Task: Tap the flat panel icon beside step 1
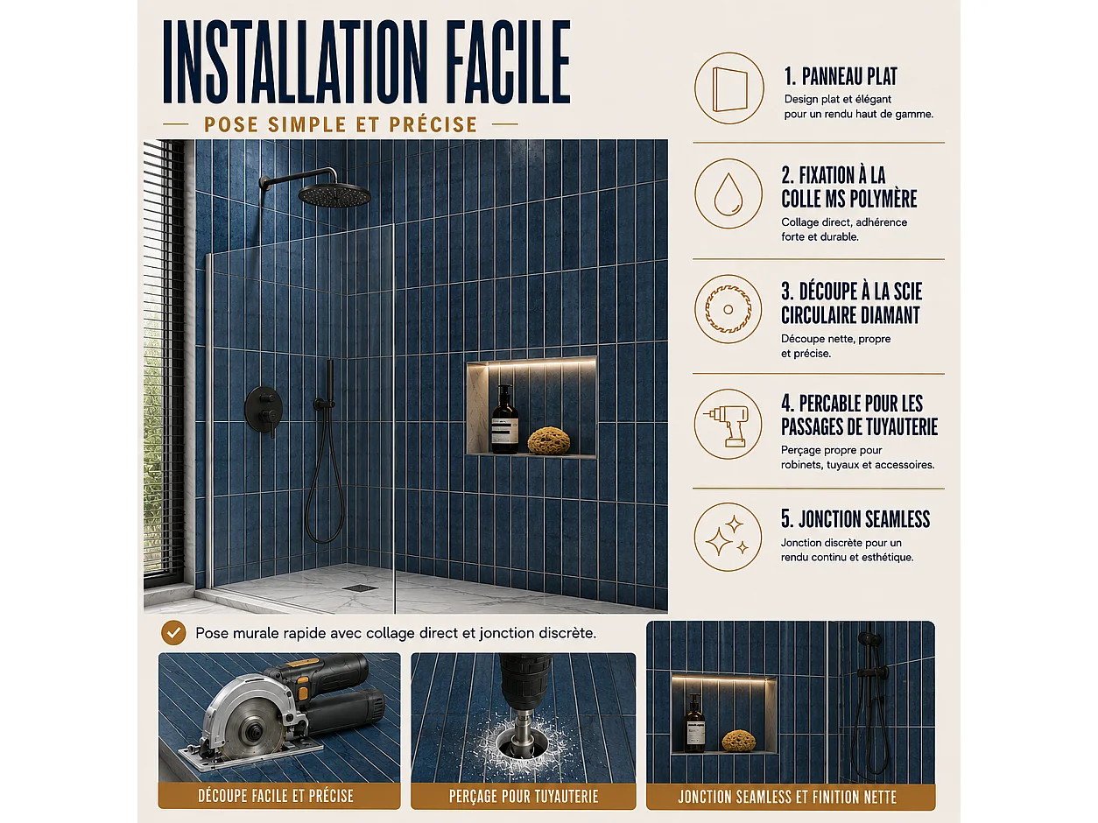click(729, 88)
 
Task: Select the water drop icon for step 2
click(728, 194)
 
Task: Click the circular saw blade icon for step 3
click(728, 309)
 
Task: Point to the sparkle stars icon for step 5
click(728, 537)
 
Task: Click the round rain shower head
click(334, 194)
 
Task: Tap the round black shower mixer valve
click(264, 410)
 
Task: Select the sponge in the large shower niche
click(549, 440)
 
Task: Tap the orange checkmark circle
click(173, 633)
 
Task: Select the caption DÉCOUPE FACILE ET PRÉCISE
click(276, 796)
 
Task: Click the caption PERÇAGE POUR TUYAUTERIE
click(524, 796)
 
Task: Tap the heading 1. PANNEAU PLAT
click(841, 76)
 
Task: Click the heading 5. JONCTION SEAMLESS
click(855, 519)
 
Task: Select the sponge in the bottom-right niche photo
click(739, 741)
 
